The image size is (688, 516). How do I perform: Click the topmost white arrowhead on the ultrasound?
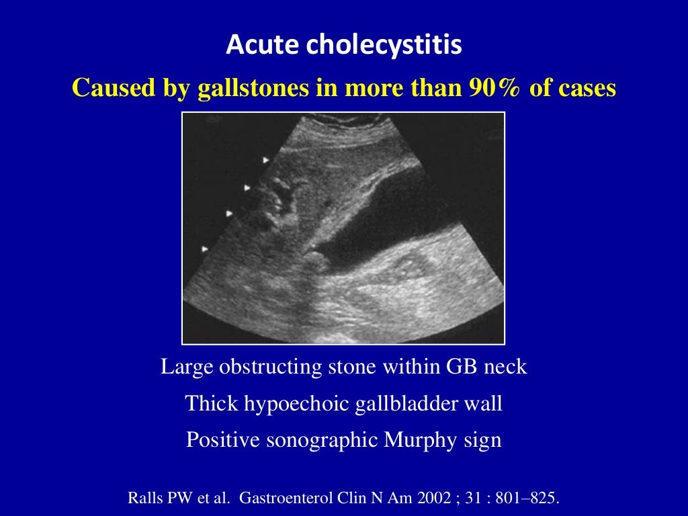[x=266, y=160]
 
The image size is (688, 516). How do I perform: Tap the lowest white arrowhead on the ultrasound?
[x=205, y=249]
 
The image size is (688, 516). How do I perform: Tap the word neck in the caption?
[x=505, y=367]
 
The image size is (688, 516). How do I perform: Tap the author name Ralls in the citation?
[x=143, y=499]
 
